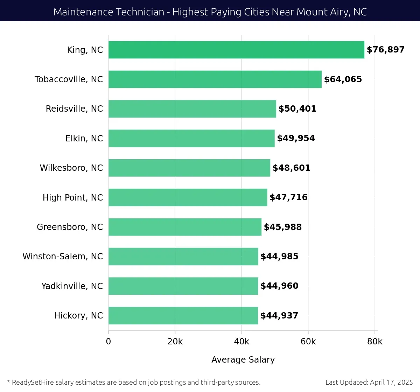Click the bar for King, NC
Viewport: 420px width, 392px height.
pyautogui.click(x=236, y=50)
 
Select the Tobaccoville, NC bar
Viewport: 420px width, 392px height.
pyautogui.click(x=215, y=79)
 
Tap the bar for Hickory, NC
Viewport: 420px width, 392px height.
pyautogui.click(x=183, y=315)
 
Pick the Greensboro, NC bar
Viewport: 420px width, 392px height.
pyautogui.click(x=185, y=227)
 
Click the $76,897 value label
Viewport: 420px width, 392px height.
pyautogui.click(x=385, y=50)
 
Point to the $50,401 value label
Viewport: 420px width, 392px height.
pyautogui.click(x=297, y=109)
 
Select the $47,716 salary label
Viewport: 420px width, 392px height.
pyautogui.click(x=288, y=197)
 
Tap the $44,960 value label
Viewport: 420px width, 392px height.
pyautogui.click(x=279, y=286)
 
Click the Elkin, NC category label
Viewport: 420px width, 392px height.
pyautogui.click(x=84, y=139)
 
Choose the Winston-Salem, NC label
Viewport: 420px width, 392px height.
pyautogui.click(x=63, y=257)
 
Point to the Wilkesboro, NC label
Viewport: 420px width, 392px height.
pyautogui.click(x=71, y=168)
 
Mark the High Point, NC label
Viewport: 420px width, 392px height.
pyautogui.click(x=72, y=198)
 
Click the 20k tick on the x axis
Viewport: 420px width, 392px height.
pyautogui.click(x=175, y=342)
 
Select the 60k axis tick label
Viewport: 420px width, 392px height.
pyautogui.click(x=308, y=342)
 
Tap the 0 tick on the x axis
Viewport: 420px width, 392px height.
pyautogui.click(x=108, y=342)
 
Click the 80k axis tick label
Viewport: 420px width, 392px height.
pyautogui.click(x=374, y=342)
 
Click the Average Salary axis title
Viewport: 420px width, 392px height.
pyautogui.click(x=243, y=360)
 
